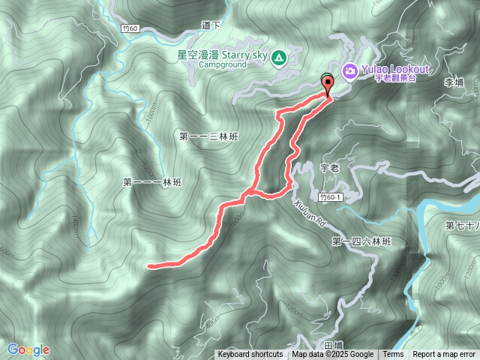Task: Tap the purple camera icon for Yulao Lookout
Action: point(349,71)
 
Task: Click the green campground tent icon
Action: point(279,57)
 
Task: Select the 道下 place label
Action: point(211,25)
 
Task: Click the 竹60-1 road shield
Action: point(329,196)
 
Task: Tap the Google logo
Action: point(28,349)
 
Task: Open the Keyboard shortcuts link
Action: point(250,355)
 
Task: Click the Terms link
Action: point(393,355)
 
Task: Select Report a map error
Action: point(445,355)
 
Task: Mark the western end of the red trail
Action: point(149,265)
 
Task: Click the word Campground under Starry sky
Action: point(222,64)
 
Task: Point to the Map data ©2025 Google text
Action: point(332,355)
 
